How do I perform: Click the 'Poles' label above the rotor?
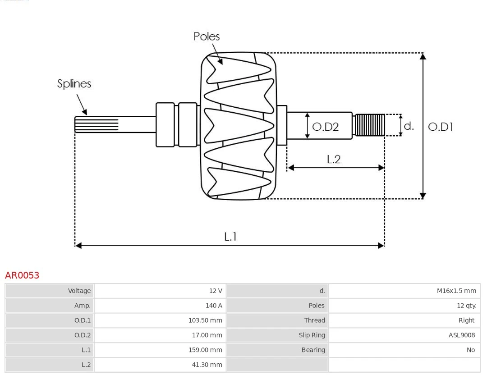207,37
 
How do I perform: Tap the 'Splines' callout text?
74,84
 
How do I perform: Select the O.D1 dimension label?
440,127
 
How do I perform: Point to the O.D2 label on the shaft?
325,127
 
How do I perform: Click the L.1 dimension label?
230,236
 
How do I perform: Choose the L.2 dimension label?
333,159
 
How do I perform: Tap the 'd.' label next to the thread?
409,126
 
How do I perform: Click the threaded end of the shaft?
370,125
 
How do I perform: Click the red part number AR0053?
22,275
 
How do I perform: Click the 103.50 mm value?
205,320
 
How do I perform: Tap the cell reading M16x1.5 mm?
456,291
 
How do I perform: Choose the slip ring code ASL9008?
461,335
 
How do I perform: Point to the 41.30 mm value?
207,365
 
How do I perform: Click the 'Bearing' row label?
313,350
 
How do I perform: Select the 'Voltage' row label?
79,291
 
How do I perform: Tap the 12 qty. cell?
466,306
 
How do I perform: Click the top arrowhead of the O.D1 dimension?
423,56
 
